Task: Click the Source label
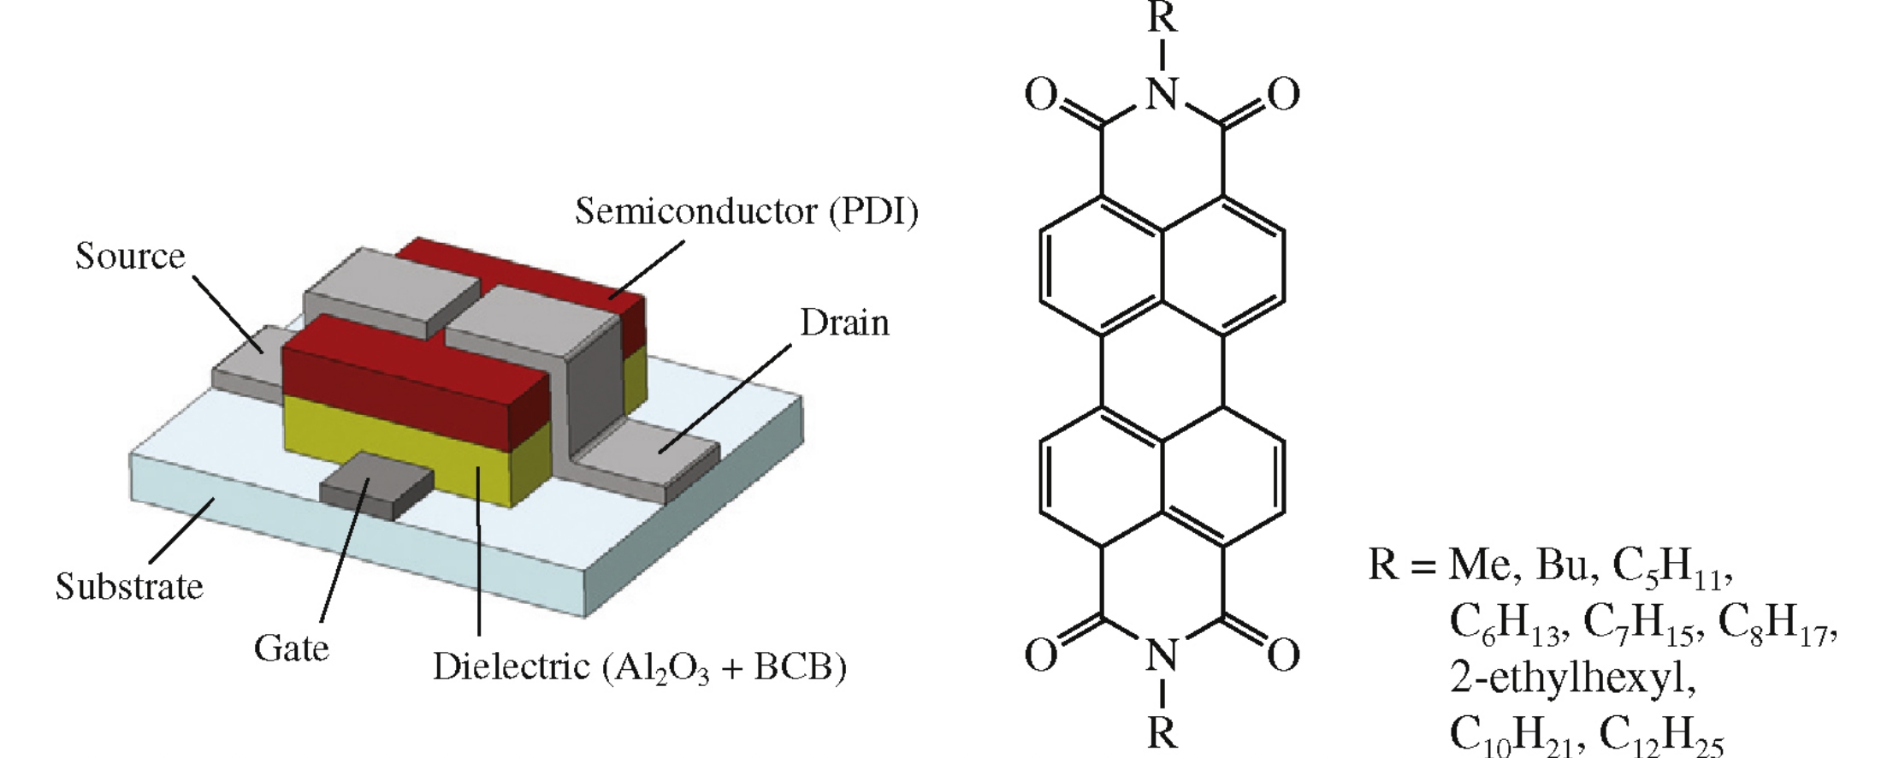click(x=130, y=256)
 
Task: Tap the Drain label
click(x=844, y=323)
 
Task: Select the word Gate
click(x=291, y=648)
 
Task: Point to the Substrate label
click(x=129, y=586)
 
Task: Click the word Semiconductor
click(x=696, y=210)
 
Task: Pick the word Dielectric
click(x=511, y=666)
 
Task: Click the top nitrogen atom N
click(x=1162, y=93)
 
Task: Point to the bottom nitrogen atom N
click(x=1162, y=655)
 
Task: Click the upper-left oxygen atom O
click(x=1041, y=95)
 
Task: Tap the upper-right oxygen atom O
click(x=1283, y=95)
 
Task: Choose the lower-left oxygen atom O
click(x=1041, y=655)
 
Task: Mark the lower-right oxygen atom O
click(x=1283, y=655)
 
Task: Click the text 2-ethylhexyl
click(x=1572, y=678)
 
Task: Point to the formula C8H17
click(x=1775, y=623)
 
